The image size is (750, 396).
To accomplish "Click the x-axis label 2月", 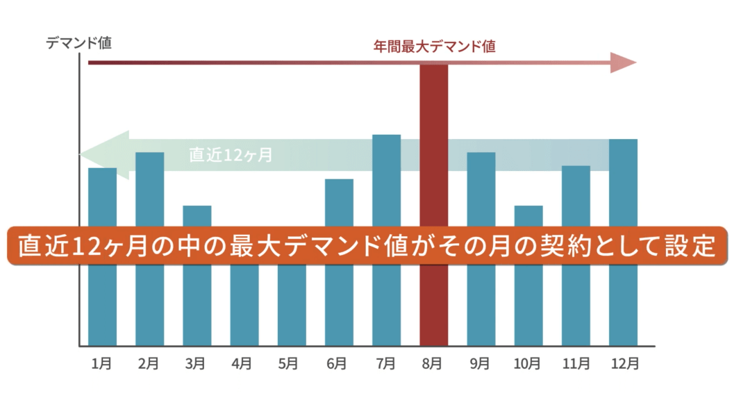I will pyautogui.click(x=149, y=363).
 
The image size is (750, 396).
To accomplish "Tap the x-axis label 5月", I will pyautogui.click(x=292, y=363).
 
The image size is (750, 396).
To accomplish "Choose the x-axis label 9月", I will pyautogui.click(x=481, y=363).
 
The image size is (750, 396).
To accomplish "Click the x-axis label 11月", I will pyautogui.click(x=576, y=363).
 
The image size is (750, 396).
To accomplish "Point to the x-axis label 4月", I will pyautogui.click(x=244, y=363).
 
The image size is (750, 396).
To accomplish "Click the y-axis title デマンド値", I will pyautogui.click(x=78, y=43).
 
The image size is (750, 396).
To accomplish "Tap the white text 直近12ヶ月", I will pyautogui.click(x=231, y=155).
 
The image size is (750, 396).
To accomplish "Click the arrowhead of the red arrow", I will pyautogui.click(x=623, y=63).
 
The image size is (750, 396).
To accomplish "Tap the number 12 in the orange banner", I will pyautogui.click(x=90, y=245).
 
